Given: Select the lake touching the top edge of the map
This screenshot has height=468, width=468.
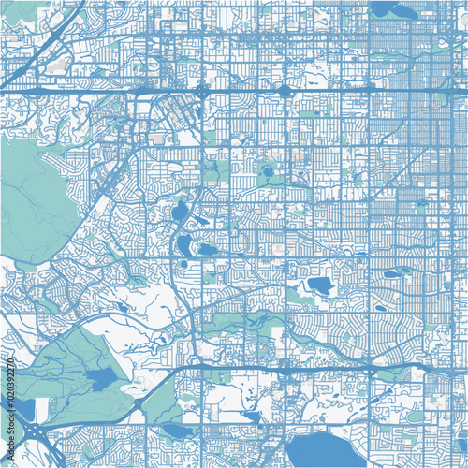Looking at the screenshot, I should [x=384, y=8].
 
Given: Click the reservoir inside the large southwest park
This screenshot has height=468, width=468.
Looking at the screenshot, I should [x=98, y=379].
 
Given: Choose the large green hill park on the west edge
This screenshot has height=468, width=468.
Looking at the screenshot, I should [x=33, y=201].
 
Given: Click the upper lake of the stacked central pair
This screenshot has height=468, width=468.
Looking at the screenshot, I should [x=179, y=212].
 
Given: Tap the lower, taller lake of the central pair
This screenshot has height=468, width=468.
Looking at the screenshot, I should [x=183, y=245].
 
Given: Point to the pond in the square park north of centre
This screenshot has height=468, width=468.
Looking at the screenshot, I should [x=268, y=172].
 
